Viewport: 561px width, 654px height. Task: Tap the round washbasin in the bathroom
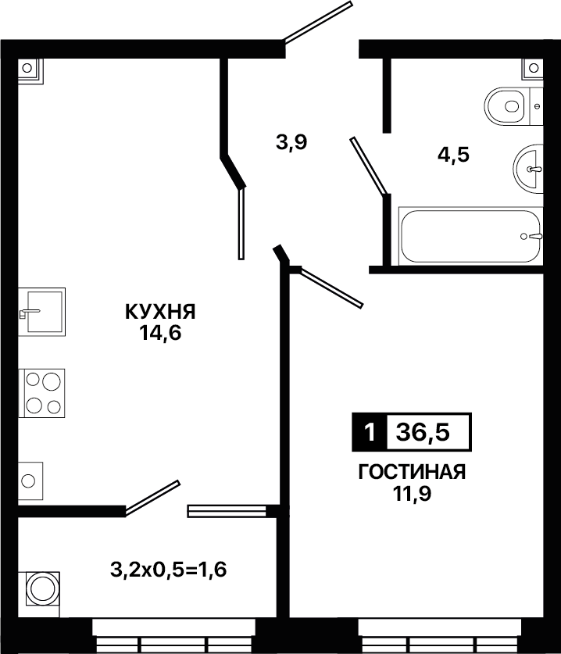(528, 169)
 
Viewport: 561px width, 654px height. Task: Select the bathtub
(470, 236)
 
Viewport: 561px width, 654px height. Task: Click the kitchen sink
(41, 312)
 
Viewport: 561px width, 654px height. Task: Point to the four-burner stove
(41, 393)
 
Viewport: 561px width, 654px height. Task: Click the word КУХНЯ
(161, 312)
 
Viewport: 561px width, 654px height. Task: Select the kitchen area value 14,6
(161, 334)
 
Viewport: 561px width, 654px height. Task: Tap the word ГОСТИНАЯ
(412, 473)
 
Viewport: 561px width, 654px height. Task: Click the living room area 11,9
(411, 494)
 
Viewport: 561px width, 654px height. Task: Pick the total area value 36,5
(423, 433)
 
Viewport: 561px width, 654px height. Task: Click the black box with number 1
(370, 432)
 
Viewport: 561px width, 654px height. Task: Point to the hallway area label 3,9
(291, 142)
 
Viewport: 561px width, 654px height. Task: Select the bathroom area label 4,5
(453, 155)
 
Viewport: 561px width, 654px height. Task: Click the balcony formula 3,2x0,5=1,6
(169, 570)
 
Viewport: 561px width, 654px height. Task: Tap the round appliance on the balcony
(41, 588)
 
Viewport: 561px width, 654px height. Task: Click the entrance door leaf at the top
(318, 22)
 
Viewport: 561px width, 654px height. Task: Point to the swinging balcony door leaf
(152, 498)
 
